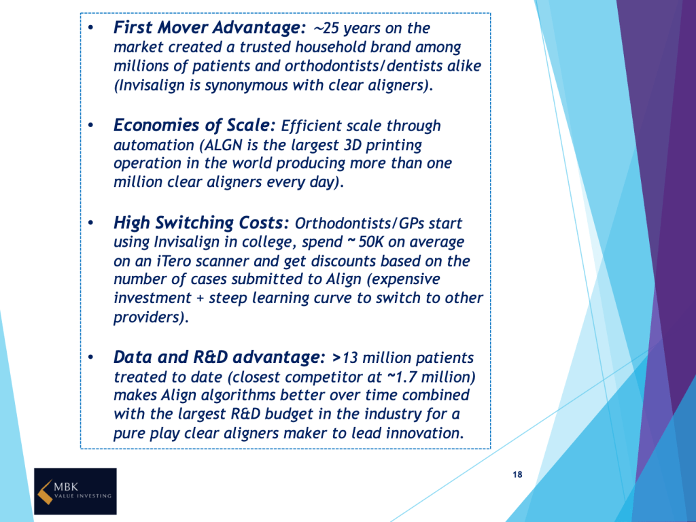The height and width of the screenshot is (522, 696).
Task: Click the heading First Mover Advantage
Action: tap(209, 28)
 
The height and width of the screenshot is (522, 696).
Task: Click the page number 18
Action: tap(517, 474)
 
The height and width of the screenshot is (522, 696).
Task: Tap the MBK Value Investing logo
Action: tap(75, 491)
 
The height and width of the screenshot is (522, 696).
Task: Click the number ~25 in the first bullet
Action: tap(326, 29)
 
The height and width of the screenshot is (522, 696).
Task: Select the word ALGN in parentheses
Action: tap(223, 145)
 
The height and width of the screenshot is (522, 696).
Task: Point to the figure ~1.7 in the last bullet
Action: tap(402, 377)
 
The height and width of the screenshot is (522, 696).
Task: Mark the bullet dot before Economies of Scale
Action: tap(91, 126)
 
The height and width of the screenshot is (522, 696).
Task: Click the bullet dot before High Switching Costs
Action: tap(91, 223)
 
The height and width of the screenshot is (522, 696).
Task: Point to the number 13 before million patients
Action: tap(349, 358)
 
